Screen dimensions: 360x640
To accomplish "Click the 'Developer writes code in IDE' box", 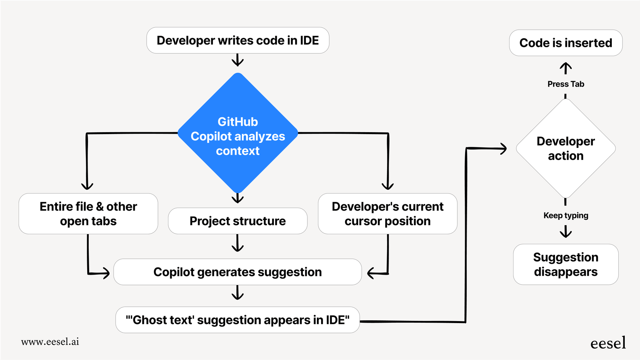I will [x=238, y=40].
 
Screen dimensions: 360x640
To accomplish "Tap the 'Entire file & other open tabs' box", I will [x=88, y=214].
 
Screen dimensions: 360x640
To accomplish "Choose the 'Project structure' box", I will [x=238, y=221].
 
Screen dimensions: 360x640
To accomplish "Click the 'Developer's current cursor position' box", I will [x=387, y=214].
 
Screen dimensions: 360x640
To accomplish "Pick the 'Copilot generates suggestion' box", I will [x=238, y=272].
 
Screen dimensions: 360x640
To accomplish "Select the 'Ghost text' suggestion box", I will [x=238, y=320].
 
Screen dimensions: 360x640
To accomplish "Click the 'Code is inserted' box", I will [x=566, y=43].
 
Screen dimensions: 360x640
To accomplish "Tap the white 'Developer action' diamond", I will [x=566, y=149].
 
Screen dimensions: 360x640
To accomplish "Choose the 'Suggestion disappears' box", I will [x=566, y=264].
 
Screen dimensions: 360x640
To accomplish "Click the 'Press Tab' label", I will [x=566, y=84].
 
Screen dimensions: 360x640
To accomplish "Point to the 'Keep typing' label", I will [x=566, y=216].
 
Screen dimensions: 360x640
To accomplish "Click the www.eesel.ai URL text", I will [x=50, y=342].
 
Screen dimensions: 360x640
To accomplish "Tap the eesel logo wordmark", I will [x=608, y=343].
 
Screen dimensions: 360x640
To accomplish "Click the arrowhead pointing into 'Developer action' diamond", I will [x=503, y=149].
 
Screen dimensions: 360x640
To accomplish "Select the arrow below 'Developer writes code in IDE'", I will [x=238, y=60].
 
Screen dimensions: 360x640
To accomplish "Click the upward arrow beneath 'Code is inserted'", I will [x=566, y=68].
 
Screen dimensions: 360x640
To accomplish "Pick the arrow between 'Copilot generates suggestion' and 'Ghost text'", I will [x=238, y=293].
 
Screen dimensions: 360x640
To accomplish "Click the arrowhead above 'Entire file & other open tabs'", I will [x=87, y=186].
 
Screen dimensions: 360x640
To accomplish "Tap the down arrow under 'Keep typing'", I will [x=566, y=232].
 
